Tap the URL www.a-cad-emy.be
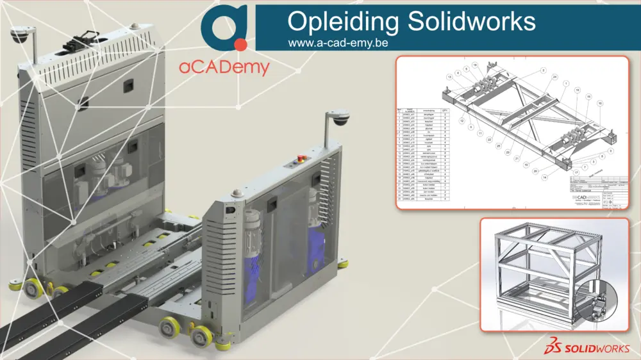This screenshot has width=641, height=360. click(x=339, y=43)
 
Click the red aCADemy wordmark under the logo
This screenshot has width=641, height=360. click(x=224, y=67)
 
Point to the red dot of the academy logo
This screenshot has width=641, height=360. click(x=240, y=44)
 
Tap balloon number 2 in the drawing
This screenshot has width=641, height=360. click(x=542, y=69)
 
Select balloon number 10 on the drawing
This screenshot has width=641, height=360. click(x=600, y=102)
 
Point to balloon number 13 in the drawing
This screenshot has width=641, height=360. click(x=450, y=77)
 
